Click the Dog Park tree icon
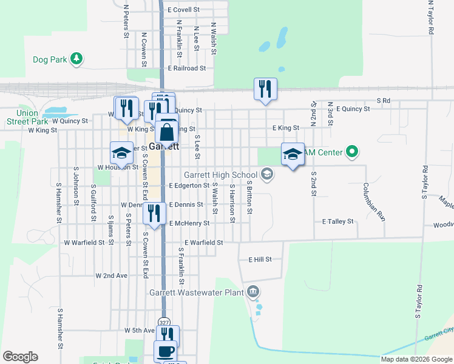click(76, 59)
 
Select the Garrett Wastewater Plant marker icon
click(253, 292)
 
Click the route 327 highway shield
click(164, 322)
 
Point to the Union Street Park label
click(23, 117)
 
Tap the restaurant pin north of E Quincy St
click(265, 89)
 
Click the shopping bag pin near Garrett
click(166, 132)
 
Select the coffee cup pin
click(165, 351)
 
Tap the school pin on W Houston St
click(121, 153)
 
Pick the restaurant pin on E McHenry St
click(155, 213)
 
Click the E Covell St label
click(184, 10)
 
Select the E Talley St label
click(338, 222)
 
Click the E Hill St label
click(260, 259)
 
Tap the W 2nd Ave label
click(112, 275)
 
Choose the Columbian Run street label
click(374, 200)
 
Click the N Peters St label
click(126, 22)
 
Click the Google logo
click(20, 357)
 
